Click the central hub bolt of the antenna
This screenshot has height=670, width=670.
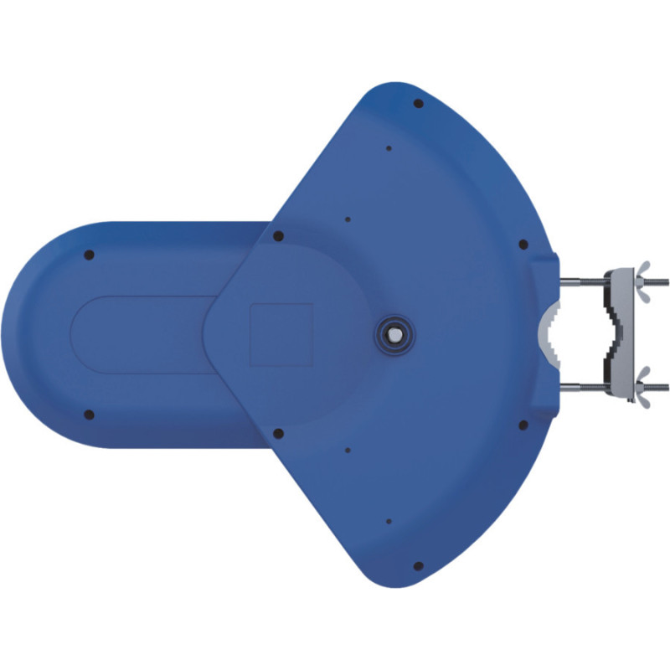[391, 332]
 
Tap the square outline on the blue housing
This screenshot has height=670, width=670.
[281, 334]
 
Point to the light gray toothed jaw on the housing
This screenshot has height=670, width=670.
[549, 334]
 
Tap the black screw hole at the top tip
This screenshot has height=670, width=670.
[418, 104]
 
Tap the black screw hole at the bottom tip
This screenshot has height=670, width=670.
[418, 567]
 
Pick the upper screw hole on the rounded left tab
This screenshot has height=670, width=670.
[89, 255]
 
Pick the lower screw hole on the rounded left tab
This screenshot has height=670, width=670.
[89, 415]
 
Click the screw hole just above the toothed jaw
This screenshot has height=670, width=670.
[523, 245]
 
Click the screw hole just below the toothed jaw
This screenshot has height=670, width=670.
[523, 425]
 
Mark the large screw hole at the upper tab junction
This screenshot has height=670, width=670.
[279, 236]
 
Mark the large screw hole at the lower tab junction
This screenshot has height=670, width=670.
[279, 433]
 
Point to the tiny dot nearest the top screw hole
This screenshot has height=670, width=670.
[389, 149]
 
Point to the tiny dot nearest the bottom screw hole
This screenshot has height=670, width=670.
[389, 521]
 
